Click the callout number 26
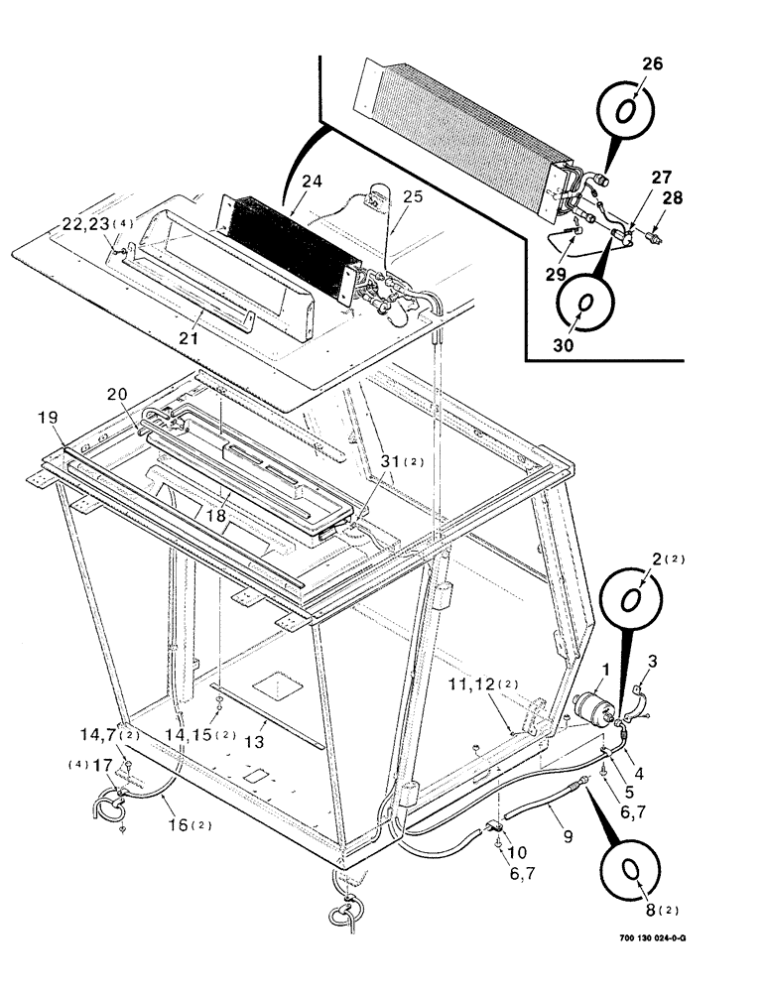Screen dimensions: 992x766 tap(624, 65)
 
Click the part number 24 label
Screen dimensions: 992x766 tap(313, 182)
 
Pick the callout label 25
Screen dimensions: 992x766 tap(411, 197)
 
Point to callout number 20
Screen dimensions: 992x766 tap(117, 394)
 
